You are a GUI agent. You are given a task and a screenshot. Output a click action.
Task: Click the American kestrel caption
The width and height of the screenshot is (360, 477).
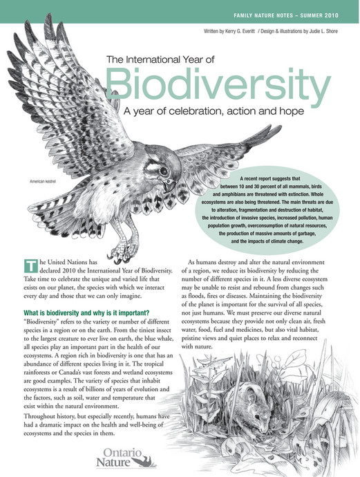coord(42,182)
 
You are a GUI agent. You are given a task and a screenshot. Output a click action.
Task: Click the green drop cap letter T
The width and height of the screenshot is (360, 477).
coord(29,265)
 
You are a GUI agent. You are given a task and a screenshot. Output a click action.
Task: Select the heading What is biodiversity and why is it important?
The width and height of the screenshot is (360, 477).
coord(86,312)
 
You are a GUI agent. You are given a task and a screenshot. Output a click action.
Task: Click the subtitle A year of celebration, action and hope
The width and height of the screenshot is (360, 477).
coord(219,111)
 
